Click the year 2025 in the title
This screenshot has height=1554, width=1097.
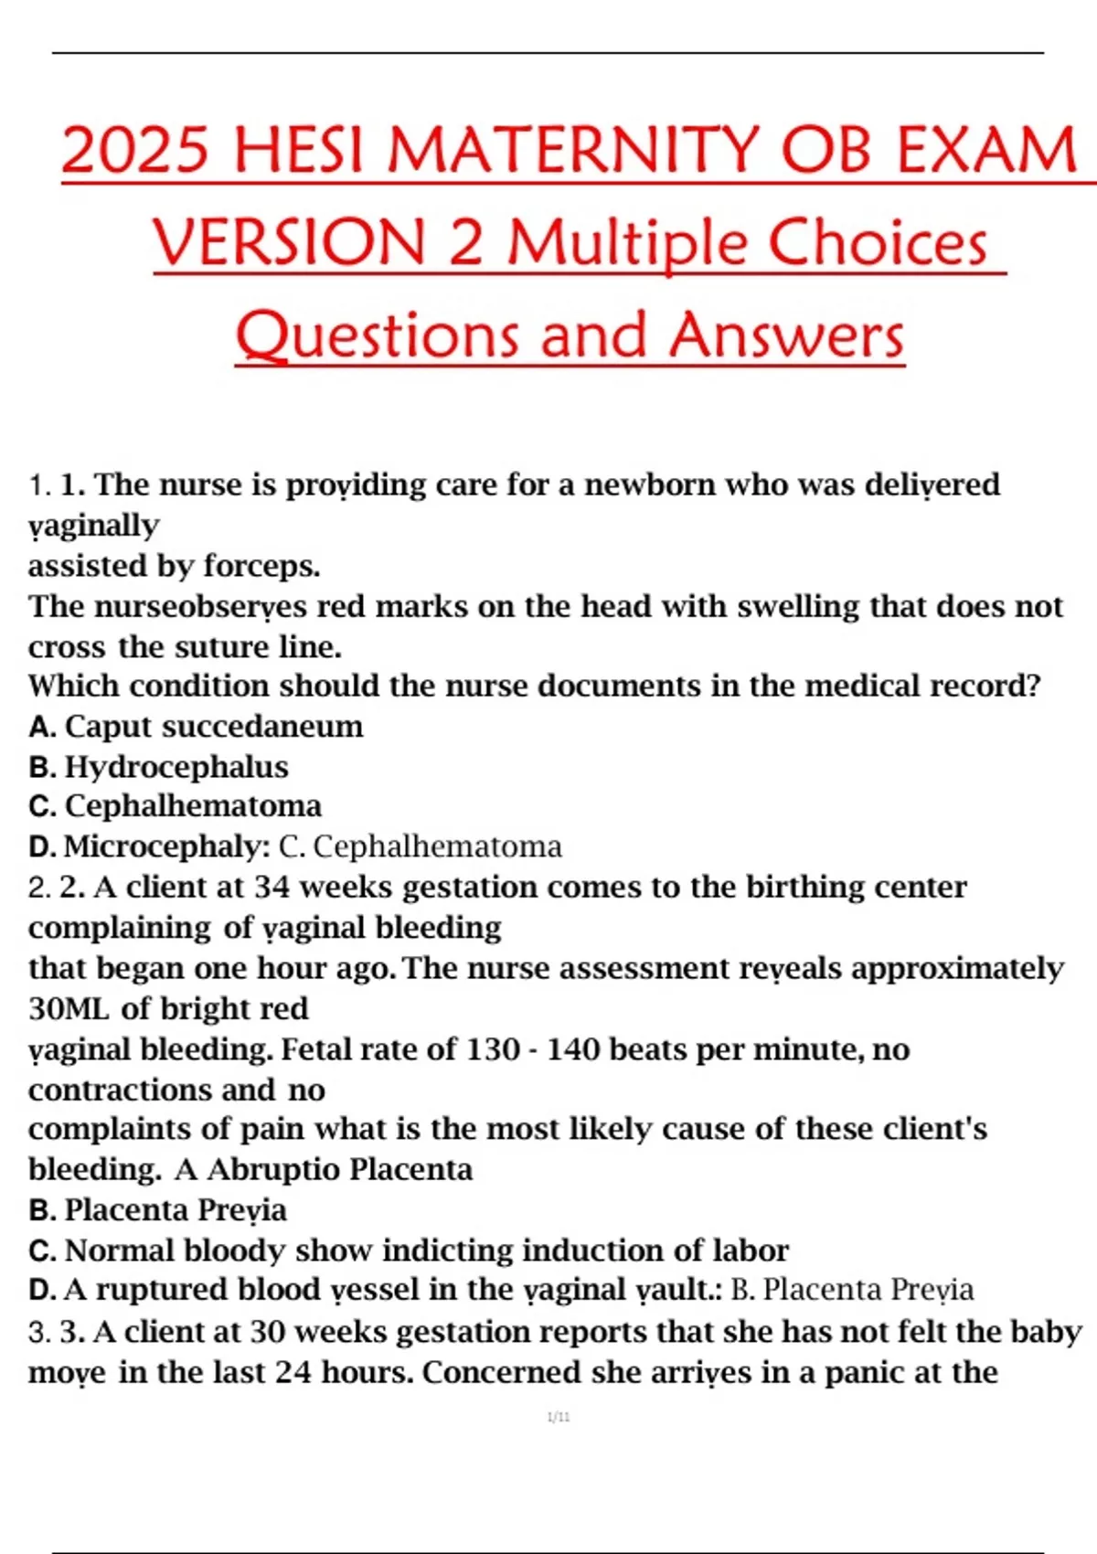click(134, 150)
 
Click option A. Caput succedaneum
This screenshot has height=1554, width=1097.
click(196, 726)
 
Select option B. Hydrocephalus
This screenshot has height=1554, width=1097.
click(158, 766)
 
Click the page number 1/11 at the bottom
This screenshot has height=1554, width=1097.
click(559, 1417)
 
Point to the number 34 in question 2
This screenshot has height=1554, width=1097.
click(272, 887)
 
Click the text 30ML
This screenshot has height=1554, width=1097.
click(69, 1008)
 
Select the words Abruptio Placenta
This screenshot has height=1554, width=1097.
click(340, 1169)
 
